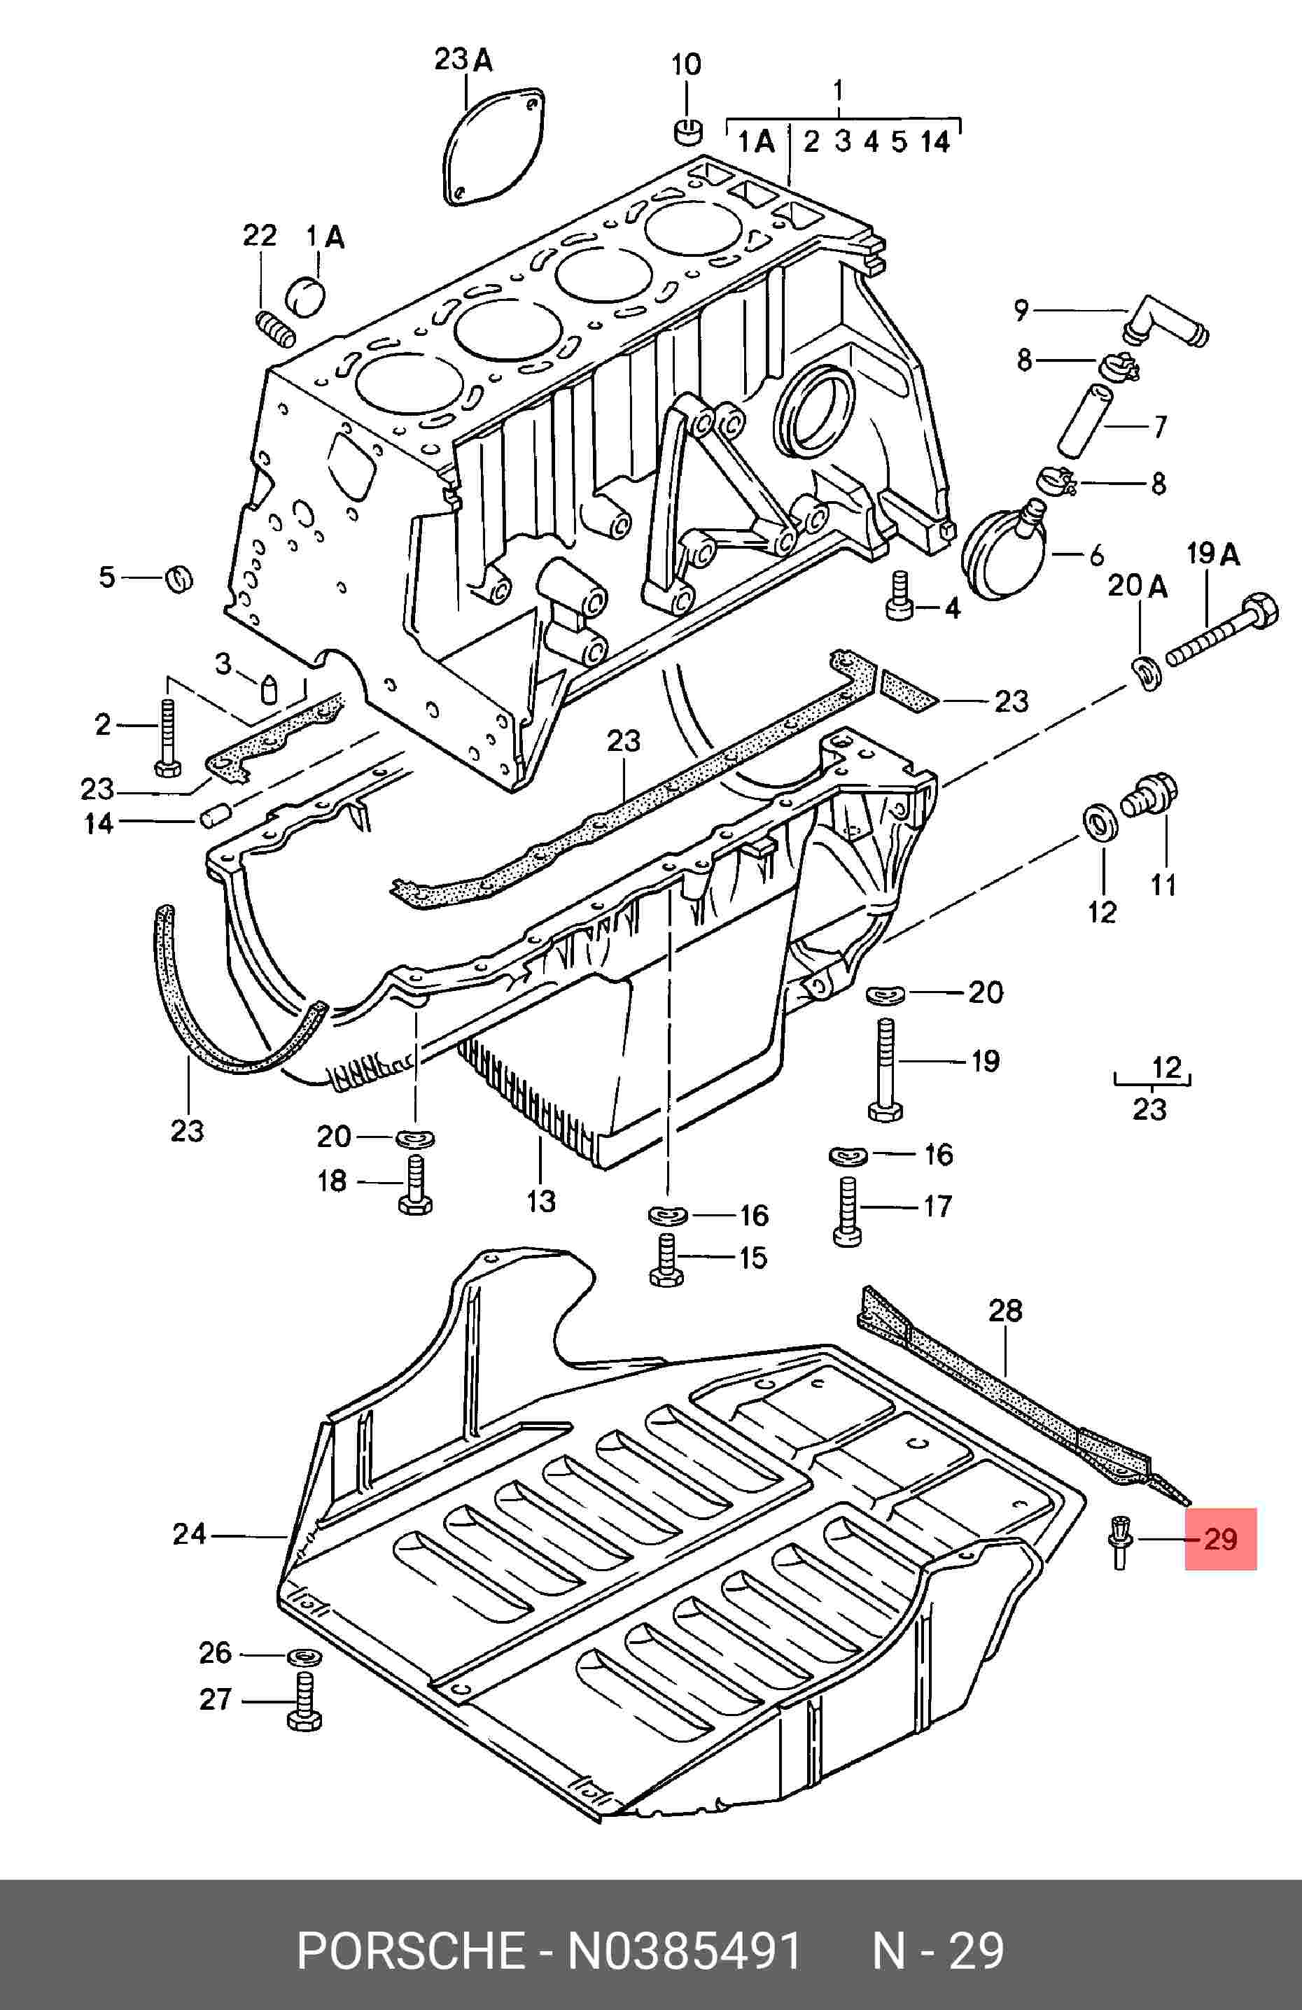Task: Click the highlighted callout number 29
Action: [1220, 1539]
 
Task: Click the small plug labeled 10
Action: [687, 131]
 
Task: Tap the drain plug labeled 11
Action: [1150, 793]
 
